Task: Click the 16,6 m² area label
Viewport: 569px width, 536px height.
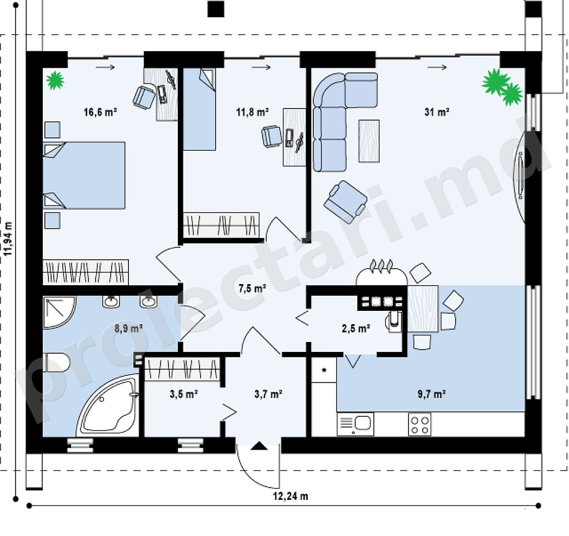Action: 100,112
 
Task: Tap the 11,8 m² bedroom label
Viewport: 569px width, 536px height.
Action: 252,112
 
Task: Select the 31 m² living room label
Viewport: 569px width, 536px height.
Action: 437,112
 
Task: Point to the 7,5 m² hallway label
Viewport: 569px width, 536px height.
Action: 252,289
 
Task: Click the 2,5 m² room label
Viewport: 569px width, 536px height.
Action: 356,329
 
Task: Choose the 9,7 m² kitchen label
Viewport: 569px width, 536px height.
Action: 431,394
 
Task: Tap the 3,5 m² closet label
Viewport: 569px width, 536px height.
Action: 183,394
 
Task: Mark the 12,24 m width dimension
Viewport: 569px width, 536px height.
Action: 290,496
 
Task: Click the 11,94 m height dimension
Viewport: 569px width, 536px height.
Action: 8,239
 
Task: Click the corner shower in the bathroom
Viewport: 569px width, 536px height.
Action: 59,312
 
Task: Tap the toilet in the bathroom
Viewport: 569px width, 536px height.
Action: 56,363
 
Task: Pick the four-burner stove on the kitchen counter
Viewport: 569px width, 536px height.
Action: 420,425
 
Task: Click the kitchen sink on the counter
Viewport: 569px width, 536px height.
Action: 355,424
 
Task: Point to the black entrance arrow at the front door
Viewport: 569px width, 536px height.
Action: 259,445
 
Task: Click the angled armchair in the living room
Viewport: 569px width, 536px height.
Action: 345,202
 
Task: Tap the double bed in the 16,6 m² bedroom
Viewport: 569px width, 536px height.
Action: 84,175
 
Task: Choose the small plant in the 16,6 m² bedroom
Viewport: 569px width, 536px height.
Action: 55,80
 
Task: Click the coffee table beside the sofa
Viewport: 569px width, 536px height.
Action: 369,141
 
